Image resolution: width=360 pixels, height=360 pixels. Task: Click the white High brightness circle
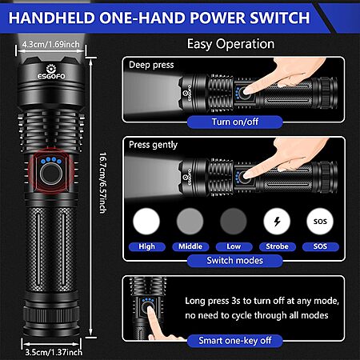click(146, 222)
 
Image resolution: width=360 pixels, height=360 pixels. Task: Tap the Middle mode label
click(190, 246)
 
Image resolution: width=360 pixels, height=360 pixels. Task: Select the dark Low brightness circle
click(234, 222)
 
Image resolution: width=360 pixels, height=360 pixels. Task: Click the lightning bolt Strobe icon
click(277, 222)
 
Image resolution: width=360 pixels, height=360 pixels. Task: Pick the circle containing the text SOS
click(320, 222)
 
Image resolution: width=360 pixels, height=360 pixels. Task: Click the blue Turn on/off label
click(235, 122)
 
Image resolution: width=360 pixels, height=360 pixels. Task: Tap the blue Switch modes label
click(235, 261)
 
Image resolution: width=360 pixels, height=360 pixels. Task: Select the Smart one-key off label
click(235, 341)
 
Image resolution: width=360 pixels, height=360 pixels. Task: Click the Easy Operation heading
click(230, 44)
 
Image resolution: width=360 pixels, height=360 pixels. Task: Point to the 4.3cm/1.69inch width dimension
click(50, 44)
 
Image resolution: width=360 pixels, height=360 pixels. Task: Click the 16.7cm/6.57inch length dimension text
click(102, 183)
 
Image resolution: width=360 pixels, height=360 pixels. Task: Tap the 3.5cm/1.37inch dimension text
click(54, 352)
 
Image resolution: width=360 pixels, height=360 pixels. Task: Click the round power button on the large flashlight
click(51, 174)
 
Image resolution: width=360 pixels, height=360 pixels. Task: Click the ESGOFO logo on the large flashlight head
click(51, 72)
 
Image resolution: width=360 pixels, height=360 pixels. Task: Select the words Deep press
click(151, 65)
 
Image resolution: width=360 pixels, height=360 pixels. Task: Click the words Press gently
click(153, 145)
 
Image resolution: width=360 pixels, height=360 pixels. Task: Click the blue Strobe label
click(277, 246)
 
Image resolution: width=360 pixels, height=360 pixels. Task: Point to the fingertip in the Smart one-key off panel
click(150, 310)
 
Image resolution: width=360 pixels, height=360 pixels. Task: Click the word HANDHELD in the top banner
click(52, 18)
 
